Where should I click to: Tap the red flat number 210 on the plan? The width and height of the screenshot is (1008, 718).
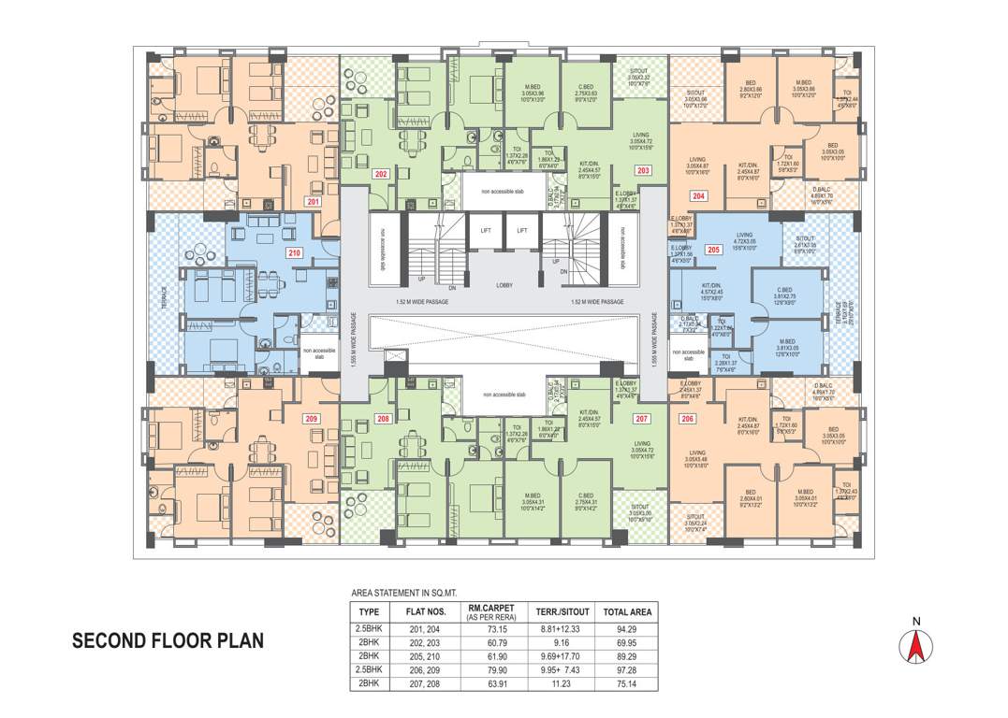coord(294,253)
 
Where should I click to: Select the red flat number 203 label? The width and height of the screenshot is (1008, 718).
coord(643,172)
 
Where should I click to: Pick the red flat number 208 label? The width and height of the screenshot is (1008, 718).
coord(383,419)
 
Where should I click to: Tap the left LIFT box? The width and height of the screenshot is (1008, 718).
coord(487,229)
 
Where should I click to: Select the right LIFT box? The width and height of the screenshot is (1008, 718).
coord(522,229)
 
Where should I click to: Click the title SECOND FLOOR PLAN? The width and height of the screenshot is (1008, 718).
coord(168,641)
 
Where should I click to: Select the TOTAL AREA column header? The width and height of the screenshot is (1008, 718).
coord(628,612)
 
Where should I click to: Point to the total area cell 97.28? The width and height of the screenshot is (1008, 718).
coord(628,670)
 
